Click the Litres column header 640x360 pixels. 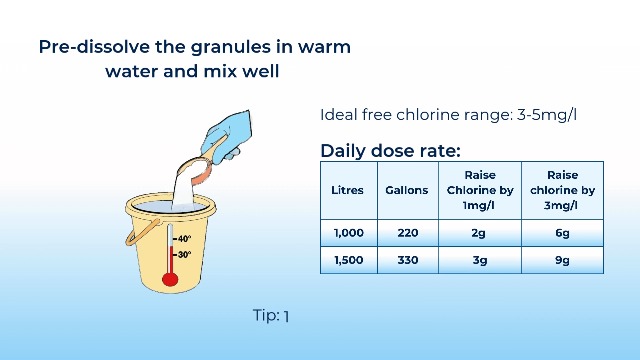pyautogui.click(x=347, y=190)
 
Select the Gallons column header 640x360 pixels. pyautogui.click(x=407, y=190)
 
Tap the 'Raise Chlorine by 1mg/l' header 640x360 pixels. pyautogui.click(x=480, y=190)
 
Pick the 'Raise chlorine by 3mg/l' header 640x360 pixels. pyautogui.click(x=562, y=190)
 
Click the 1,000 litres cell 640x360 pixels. pyautogui.click(x=349, y=233)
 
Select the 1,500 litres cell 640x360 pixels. pyautogui.click(x=349, y=260)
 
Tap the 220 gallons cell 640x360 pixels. pyautogui.click(x=408, y=233)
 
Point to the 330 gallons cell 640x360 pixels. pyautogui.click(x=408, y=260)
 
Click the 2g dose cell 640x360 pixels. pyautogui.click(x=478, y=233)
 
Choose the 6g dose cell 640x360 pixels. pyautogui.click(x=562, y=233)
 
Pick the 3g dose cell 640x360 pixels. pyautogui.click(x=480, y=260)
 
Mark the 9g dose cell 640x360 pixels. pyautogui.click(x=562, y=260)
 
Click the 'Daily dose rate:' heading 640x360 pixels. pyautogui.click(x=390, y=151)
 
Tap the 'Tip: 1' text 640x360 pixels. pyautogui.click(x=271, y=316)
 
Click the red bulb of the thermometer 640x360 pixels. pyautogui.click(x=170, y=280)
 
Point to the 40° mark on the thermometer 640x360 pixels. pyautogui.click(x=182, y=238)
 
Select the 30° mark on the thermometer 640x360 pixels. pyautogui.click(x=182, y=254)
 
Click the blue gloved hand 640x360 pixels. pyautogui.click(x=227, y=137)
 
